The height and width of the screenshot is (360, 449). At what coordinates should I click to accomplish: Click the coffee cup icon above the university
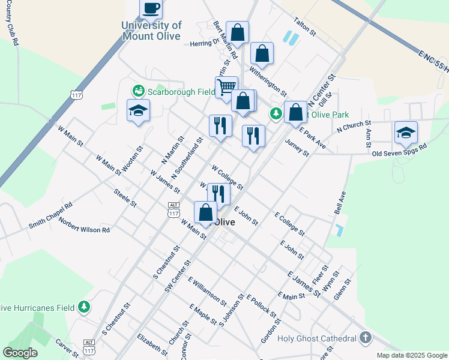click(x=151, y=9)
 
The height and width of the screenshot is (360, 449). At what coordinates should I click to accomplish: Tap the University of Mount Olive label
click(x=151, y=31)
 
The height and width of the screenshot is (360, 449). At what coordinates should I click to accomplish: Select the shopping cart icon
click(x=226, y=88)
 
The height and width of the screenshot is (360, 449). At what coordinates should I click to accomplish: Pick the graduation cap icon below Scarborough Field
click(x=138, y=111)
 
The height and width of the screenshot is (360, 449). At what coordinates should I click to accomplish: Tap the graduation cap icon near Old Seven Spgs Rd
click(x=406, y=133)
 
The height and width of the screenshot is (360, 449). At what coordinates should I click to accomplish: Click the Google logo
click(x=20, y=353)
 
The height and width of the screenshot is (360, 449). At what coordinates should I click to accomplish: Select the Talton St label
click(x=304, y=28)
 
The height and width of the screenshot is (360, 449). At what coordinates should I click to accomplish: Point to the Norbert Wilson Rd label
click(x=84, y=225)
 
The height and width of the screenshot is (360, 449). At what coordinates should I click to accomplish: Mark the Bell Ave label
click(x=340, y=203)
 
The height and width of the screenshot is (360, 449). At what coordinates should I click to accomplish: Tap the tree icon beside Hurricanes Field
click(x=85, y=307)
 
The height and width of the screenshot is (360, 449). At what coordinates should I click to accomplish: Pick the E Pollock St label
click(x=261, y=306)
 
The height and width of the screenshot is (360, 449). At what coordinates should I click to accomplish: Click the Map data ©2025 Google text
click(x=411, y=355)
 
